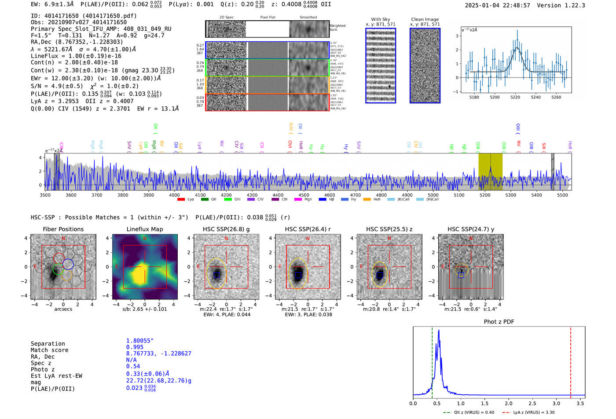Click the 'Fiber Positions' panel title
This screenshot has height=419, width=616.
[63, 229]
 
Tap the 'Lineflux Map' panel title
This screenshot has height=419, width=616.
[145, 229]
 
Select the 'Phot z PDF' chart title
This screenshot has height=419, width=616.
[499, 322]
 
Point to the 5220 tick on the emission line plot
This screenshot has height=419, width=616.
[515, 97]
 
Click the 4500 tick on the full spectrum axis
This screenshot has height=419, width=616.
[304, 195]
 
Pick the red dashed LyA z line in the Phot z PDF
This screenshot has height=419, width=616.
[571, 361]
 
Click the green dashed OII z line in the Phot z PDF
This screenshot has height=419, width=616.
[432, 361]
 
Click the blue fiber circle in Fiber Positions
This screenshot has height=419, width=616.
[68, 264]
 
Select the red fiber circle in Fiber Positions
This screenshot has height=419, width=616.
[59, 258]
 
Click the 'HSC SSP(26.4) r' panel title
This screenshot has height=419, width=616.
[308, 229]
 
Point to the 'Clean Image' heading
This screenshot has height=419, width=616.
[425, 19]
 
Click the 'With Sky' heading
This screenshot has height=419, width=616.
[381, 19]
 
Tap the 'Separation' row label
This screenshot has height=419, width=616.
[48, 344]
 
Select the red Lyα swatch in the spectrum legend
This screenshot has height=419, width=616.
[181, 200]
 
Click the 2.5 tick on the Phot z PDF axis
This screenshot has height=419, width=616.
[532, 403]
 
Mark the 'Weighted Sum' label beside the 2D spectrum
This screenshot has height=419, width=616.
[337, 28]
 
